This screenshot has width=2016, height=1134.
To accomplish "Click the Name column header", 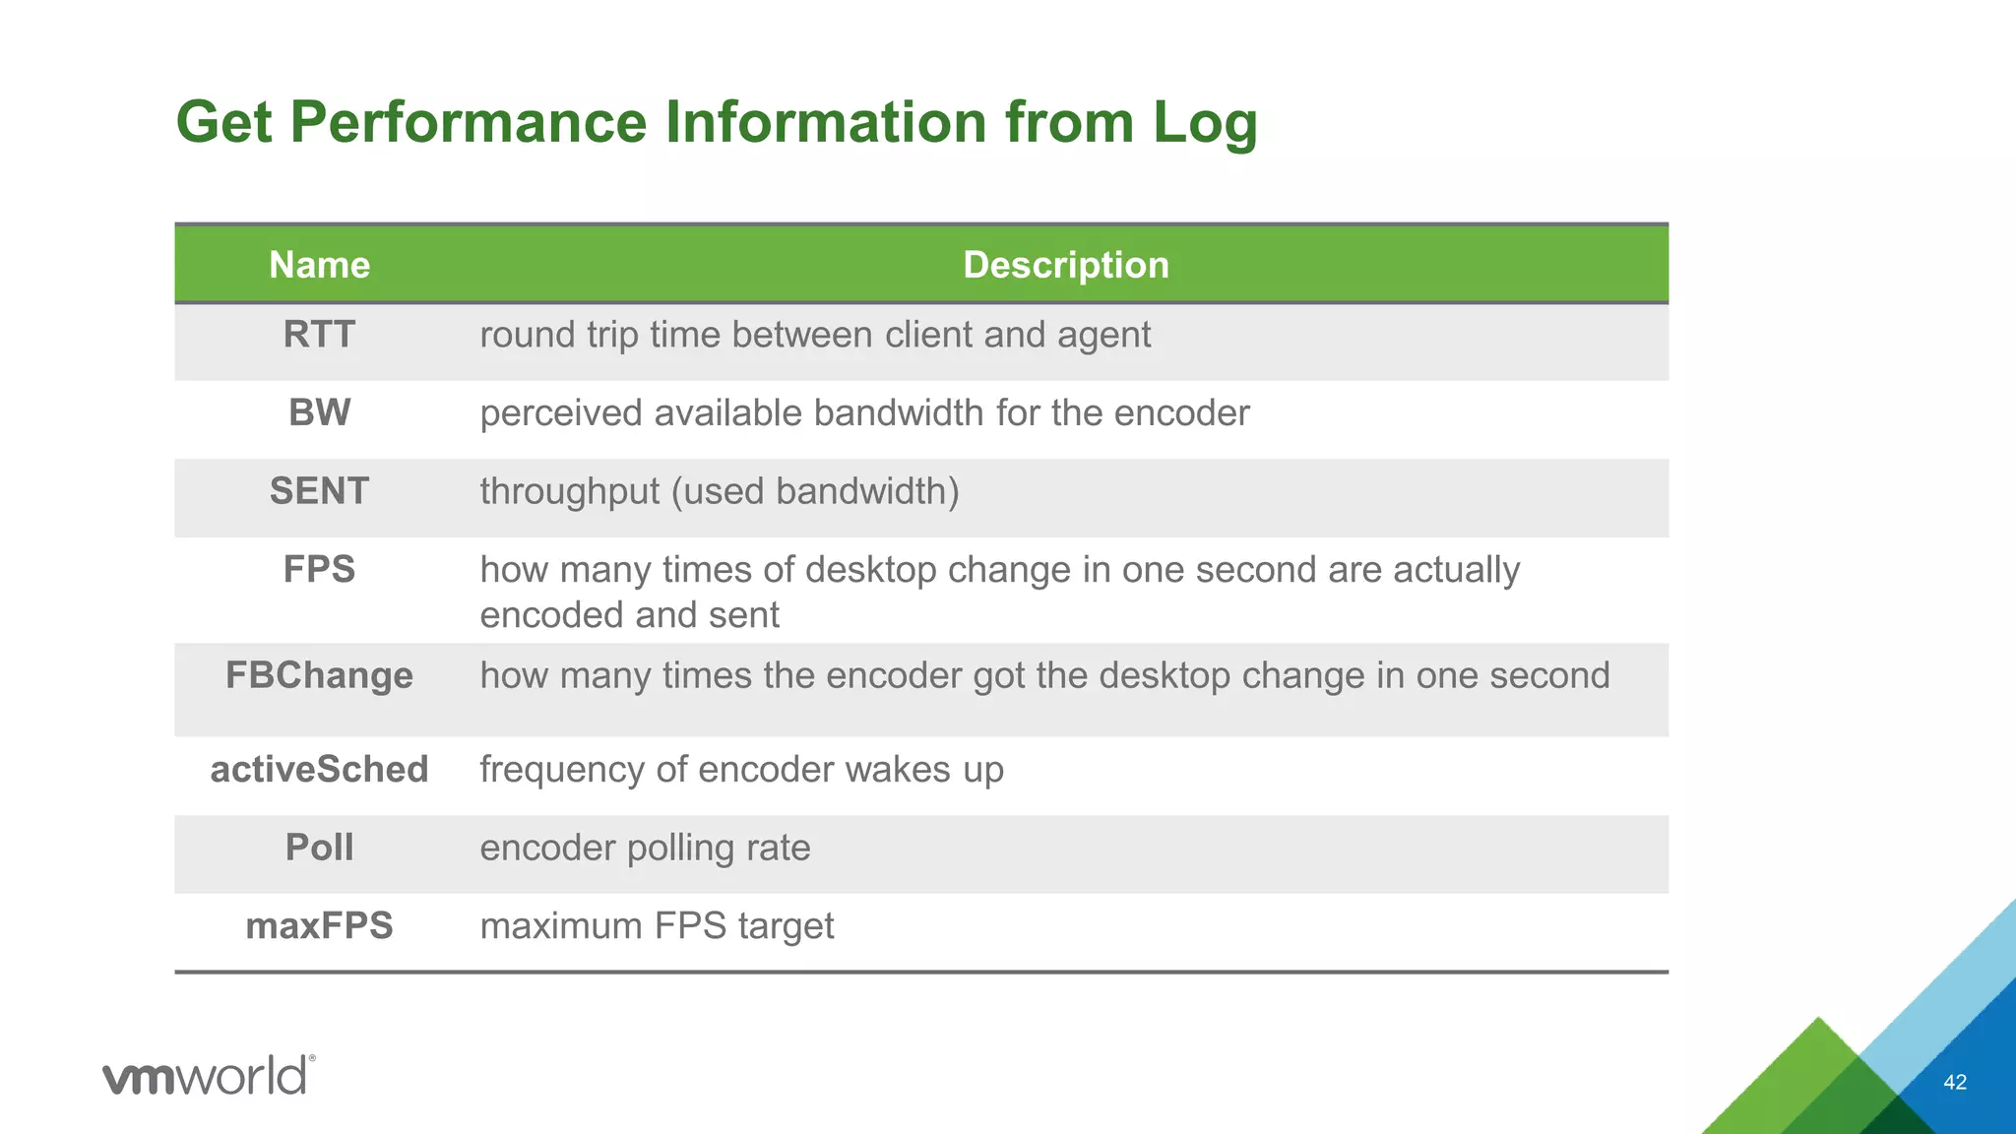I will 319,265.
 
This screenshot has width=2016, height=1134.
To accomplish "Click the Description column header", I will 1065,265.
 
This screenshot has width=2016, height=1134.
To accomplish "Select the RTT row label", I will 319,335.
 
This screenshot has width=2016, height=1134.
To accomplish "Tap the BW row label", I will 319,412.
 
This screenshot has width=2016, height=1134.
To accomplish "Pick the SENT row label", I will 319,491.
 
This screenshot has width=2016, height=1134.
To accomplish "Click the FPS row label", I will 319,570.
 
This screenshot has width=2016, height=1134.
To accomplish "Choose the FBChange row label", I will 319,676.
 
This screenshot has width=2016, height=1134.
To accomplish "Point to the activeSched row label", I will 319,770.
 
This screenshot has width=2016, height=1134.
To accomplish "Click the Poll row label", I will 319,848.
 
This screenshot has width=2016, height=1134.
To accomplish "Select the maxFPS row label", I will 319,926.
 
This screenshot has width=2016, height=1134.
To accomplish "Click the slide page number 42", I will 1954,1083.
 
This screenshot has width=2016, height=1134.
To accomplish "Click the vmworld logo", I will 209,1075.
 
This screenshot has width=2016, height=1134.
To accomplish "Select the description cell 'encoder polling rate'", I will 645,849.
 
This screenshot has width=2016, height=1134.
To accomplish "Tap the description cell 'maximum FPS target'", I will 657,926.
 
